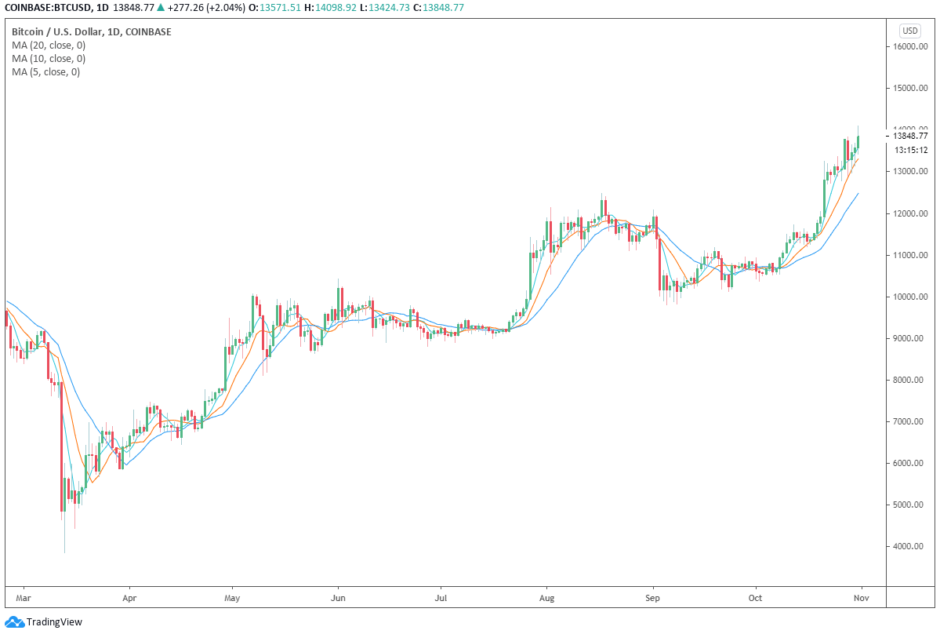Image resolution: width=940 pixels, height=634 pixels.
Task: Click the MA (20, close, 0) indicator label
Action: point(49,46)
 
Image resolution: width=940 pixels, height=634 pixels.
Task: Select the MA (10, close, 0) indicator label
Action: point(49,59)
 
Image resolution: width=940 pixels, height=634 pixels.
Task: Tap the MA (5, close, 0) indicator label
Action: point(45,72)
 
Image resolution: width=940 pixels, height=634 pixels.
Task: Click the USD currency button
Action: point(910,31)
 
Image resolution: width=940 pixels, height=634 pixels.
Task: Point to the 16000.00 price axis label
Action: point(910,47)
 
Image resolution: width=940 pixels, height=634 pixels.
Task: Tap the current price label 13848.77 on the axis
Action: point(910,137)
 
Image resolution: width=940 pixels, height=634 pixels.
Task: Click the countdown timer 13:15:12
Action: point(911,150)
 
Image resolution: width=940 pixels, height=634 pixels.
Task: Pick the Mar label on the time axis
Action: point(24,598)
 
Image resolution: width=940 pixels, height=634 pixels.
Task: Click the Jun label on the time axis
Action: point(338,598)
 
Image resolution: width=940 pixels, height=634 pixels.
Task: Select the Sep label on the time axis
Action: point(652,598)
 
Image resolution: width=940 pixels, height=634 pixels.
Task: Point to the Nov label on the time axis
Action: point(862,598)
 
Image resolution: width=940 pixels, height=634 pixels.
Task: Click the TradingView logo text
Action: point(54,622)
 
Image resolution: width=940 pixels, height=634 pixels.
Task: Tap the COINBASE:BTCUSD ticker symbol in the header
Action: point(47,8)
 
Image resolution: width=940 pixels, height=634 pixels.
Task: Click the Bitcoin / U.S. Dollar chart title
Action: point(56,32)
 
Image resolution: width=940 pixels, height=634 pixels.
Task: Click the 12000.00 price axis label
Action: point(910,213)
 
